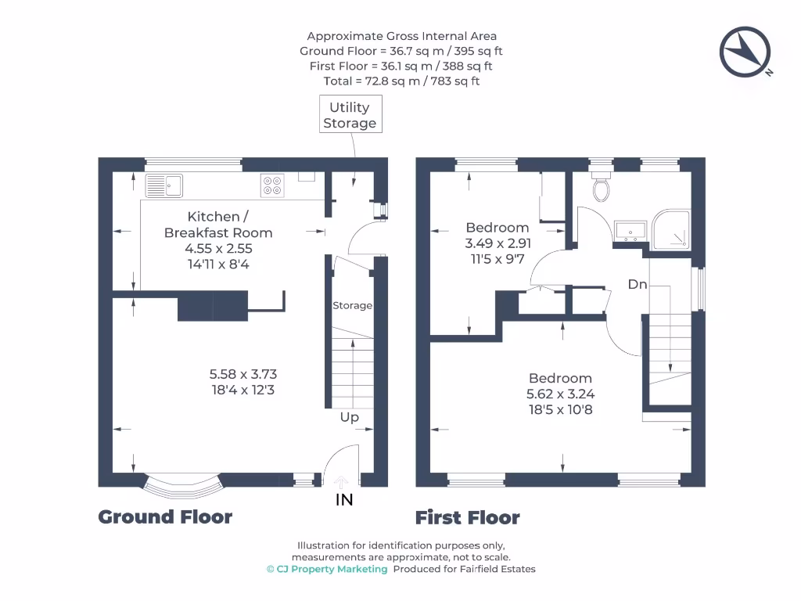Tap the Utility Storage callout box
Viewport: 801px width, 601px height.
click(x=350, y=115)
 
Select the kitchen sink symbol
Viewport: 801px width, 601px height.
click(x=163, y=185)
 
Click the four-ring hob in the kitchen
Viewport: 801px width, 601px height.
click(x=272, y=185)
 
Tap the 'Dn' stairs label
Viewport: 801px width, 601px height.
click(x=638, y=284)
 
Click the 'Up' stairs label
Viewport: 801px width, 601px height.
click(x=350, y=417)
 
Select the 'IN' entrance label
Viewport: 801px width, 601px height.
click(x=344, y=500)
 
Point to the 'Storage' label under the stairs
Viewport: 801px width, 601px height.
click(x=352, y=305)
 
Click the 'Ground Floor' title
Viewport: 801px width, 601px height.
click(x=165, y=517)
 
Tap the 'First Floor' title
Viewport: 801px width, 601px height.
click(x=467, y=518)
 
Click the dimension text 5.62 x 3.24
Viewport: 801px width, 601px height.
click(x=560, y=394)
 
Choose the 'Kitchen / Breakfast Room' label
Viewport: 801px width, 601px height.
click(x=218, y=224)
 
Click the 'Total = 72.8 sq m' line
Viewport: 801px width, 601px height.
click(x=401, y=81)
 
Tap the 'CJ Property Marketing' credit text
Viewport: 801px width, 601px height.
click(x=332, y=569)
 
